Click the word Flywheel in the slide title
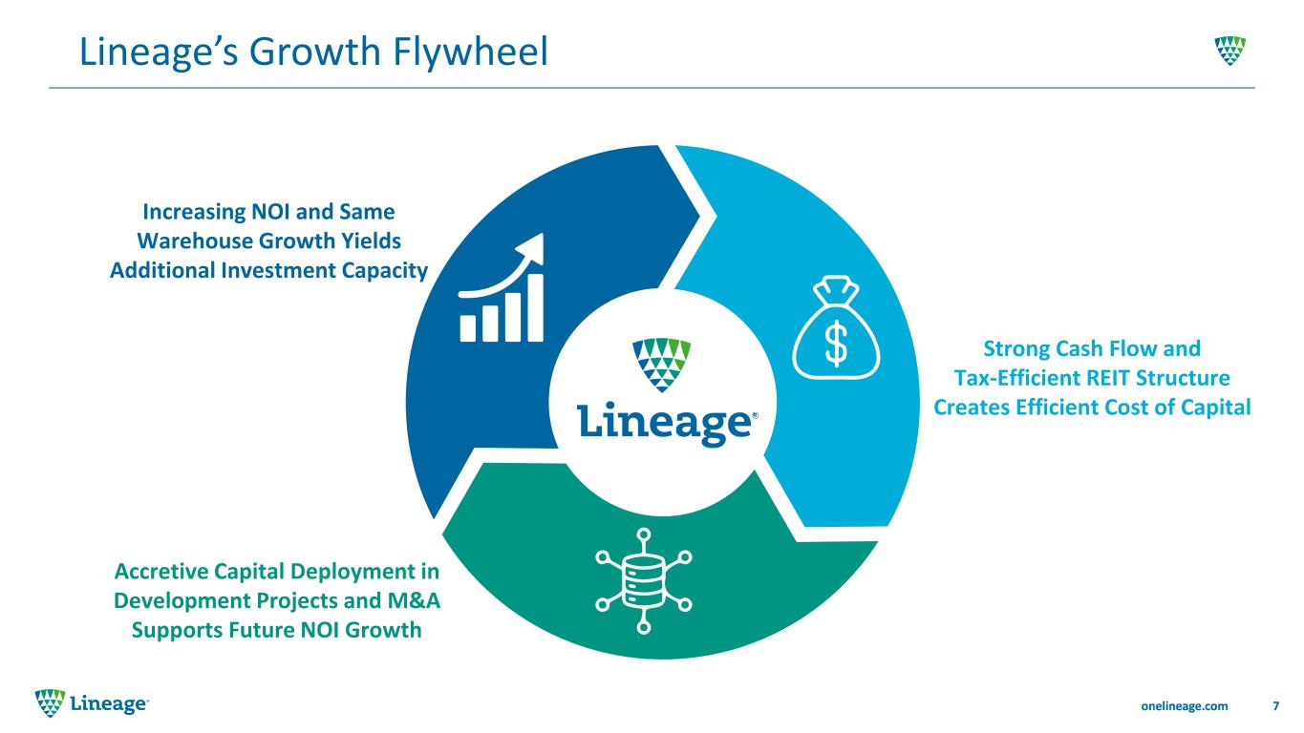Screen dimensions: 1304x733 (x=470, y=52)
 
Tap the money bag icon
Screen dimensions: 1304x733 (x=836, y=328)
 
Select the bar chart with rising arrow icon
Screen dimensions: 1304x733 (x=502, y=288)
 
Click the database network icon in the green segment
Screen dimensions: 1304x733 (x=644, y=581)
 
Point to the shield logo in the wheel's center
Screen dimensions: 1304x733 (x=661, y=365)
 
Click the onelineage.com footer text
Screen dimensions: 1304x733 (x=1185, y=706)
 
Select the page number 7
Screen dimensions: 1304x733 (x=1276, y=706)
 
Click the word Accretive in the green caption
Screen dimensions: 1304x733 (x=161, y=572)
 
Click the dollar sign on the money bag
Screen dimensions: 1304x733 (x=836, y=344)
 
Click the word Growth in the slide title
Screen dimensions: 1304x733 (x=315, y=52)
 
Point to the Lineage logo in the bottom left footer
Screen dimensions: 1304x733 (x=92, y=703)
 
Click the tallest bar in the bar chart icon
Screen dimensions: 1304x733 (x=535, y=307)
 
